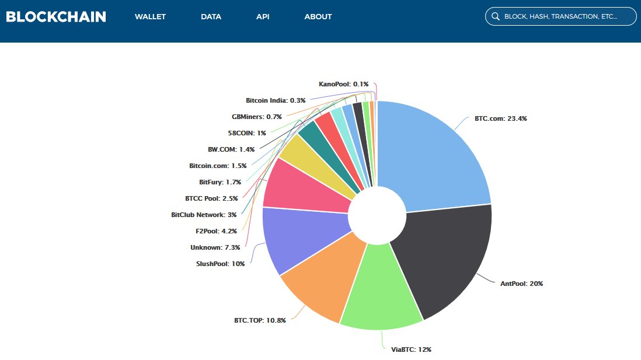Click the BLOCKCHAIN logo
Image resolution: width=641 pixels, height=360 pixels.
click(56, 16)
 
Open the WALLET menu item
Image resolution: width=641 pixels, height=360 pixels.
click(150, 17)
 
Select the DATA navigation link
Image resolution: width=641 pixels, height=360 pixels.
click(211, 17)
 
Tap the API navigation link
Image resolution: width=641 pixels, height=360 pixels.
click(263, 17)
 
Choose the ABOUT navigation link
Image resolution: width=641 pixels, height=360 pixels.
click(318, 17)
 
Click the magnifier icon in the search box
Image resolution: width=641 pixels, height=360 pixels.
click(496, 17)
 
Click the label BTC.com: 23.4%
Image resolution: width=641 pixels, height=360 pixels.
click(501, 118)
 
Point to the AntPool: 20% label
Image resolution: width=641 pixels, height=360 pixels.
click(521, 284)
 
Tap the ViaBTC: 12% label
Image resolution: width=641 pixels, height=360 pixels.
click(410, 349)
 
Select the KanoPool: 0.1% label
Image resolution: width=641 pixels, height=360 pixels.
click(343, 84)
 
